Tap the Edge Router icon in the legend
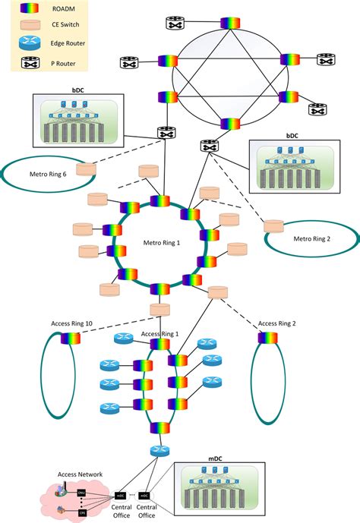pos(29,45)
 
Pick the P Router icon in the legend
pos(29,62)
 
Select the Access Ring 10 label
pos(71,324)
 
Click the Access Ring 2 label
pos(277,323)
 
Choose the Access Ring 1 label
pos(160,334)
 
